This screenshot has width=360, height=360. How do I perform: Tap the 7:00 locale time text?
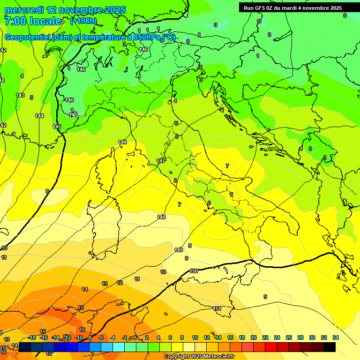[x=32, y=21]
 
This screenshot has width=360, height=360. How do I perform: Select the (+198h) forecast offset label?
[x=83, y=21]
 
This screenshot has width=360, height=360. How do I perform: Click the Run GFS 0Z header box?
[x=292, y=8]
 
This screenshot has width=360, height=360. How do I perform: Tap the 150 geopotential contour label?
[x=194, y=271]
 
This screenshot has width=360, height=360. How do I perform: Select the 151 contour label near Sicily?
[x=217, y=308]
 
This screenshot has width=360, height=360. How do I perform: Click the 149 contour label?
[x=178, y=250]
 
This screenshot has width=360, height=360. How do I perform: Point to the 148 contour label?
[x=161, y=217]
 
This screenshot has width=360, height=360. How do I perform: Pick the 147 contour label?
[x=160, y=161]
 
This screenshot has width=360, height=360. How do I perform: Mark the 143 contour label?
[x=20, y=95]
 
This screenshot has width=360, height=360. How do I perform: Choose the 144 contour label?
[x=39, y=116]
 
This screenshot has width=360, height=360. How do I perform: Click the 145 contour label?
[x=57, y=127]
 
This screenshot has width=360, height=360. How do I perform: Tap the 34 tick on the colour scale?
[x=335, y=337]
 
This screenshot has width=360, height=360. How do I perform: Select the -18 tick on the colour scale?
[x=32, y=337]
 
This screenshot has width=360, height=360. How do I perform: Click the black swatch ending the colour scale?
[x=330, y=347]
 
